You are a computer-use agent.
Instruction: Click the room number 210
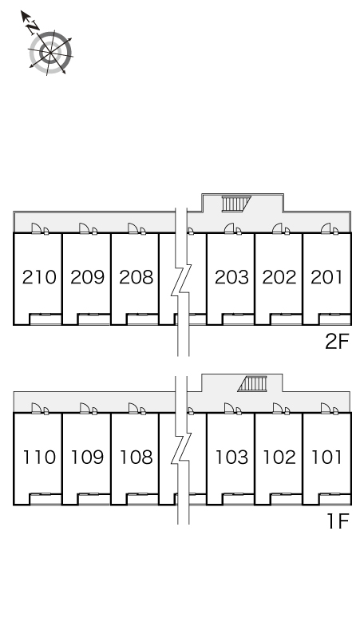[39, 277]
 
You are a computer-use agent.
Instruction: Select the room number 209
[88, 277]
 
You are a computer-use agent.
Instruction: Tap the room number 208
[136, 277]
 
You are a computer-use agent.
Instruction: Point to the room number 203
[231, 277]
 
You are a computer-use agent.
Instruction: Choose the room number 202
[279, 277]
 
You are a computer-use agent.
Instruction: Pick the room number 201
[326, 277]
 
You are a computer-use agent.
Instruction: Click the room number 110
[39, 458]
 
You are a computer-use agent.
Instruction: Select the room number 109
[88, 458]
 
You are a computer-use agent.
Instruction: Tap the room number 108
[136, 458]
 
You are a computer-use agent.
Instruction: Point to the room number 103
[231, 458]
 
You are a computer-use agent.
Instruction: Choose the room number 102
[279, 458]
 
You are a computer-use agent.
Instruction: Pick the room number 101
[326, 458]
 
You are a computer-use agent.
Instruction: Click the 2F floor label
[337, 341]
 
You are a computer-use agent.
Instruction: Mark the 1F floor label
[338, 521]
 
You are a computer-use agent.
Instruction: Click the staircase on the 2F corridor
[236, 204]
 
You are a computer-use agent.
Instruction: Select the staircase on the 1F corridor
[252, 384]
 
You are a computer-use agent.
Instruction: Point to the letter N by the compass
[33, 27]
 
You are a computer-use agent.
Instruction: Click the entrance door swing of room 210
[36, 228]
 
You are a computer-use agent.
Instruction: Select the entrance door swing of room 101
[326, 409]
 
